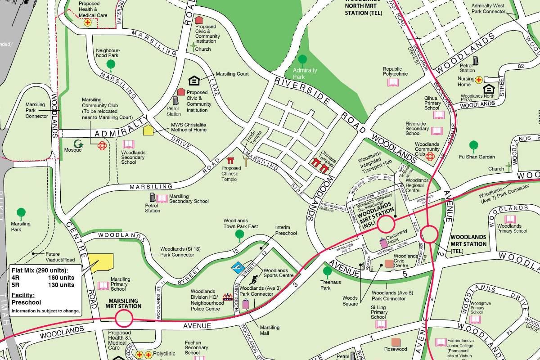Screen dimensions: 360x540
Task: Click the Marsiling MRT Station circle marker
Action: [x=124, y=320]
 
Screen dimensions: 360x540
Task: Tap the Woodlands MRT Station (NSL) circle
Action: [x=386, y=225]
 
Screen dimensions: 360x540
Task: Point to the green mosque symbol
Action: [x=79, y=144]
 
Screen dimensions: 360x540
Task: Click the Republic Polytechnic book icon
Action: [x=393, y=82]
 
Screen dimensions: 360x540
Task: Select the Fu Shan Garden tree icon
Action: [x=473, y=146]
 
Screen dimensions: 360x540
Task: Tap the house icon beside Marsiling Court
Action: [x=194, y=81]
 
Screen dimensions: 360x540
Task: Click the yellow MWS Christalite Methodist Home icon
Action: [x=148, y=130]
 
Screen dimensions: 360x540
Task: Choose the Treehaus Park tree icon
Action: [x=327, y=271]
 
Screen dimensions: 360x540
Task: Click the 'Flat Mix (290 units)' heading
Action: [x=40, y=270]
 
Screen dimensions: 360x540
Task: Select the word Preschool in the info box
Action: [x=26, y=303]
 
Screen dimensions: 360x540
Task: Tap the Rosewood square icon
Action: [x=396, y=342]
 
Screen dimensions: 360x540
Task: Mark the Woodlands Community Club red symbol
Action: [x=430, y=156]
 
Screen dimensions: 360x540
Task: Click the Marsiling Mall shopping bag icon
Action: [x=246, y=304]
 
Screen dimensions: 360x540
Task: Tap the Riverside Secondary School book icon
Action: [x=436, y=131]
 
